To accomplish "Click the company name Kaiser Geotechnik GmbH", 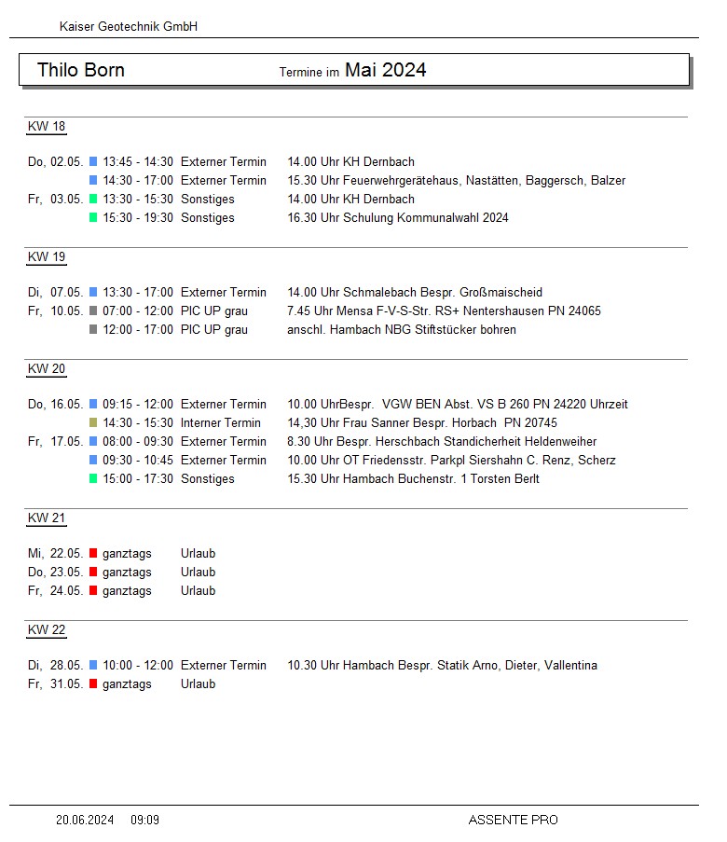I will pyautogui.click(x=129, y=27).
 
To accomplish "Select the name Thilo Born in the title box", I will pyautogui.click(x=81, y=70).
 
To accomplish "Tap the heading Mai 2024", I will pyautogui.click(x=385, y=70).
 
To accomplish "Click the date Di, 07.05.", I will pyautogui.click(x=56, y=293).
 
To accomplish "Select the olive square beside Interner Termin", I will pyautogui.click(x=93, y=423).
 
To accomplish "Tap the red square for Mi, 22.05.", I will pyautogui.click(x=93, y=554).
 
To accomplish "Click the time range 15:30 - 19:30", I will pyautogui.click(x=138, y=218).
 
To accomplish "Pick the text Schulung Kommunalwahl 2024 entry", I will pyautogui.click(x=398, y=218).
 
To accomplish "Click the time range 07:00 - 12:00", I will pyautogui.click(x=138, y=311).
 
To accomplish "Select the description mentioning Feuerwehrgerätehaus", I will pyautogui.click(x=456, y=181).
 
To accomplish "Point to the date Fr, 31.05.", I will pyautogui.click(x=56, y=684).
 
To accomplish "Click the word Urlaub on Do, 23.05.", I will pyautogui.click(x=198, y=573).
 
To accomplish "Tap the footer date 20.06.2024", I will pyautogui.click(x=85, y=821).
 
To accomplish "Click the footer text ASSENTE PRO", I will pyautogui.click(x=513, y=821).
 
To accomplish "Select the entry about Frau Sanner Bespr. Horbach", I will pyautogui.click(x=422, y=423).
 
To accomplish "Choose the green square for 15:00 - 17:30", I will pyautogui.click(x=93, y=479).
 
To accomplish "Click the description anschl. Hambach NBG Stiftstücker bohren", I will pyautogui.click(x=402, y=330).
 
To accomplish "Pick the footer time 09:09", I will pyautogui.click(x=144, y=821).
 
